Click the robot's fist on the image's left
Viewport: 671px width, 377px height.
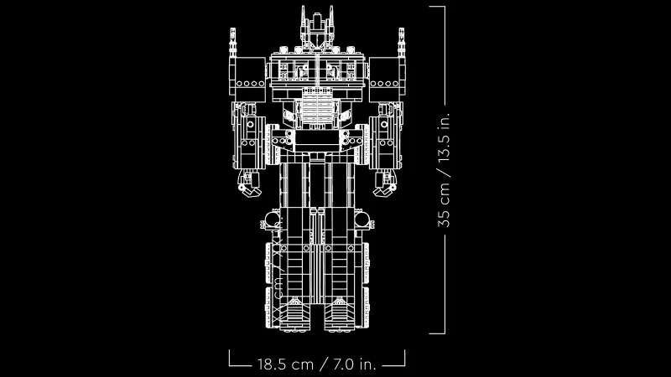pyautogui.click(x=247, y=186)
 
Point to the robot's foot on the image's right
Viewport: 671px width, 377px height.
pyautogui.click(x=340, y=314)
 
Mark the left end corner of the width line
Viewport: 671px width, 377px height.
pyautogui.click(x=231, y=364)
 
